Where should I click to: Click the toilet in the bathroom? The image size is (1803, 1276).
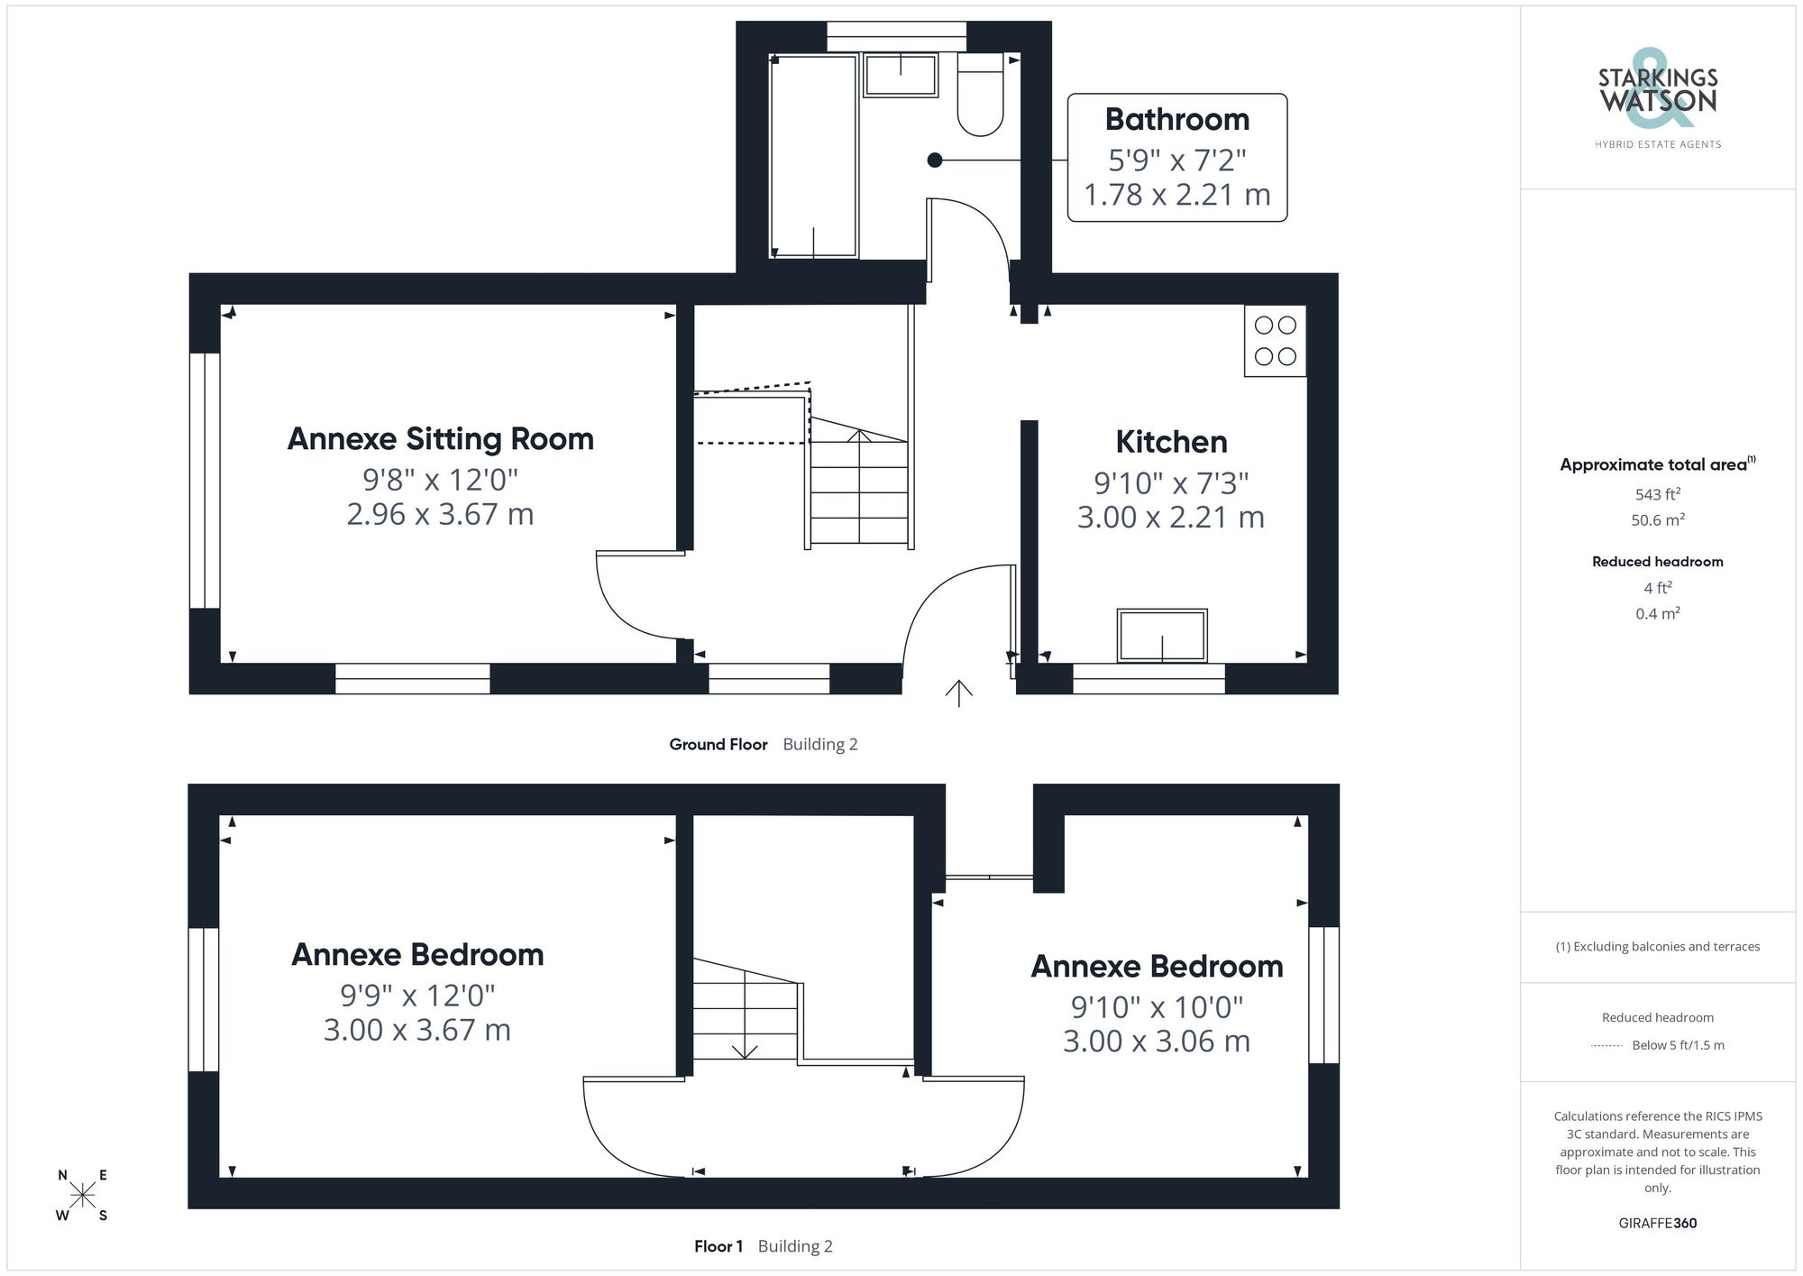[x=980, y=97]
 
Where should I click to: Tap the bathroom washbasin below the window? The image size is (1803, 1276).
[x=900, y=74]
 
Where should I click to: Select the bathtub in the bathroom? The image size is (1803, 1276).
[x=813, y=156]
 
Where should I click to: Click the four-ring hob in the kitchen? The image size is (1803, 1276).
[x=1275, y=341]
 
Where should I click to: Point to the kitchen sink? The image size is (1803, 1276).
[x=1161, y=635]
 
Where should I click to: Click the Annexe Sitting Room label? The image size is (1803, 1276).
[x=440, y=439]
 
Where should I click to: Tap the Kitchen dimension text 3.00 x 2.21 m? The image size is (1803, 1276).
[x=1170, y=518]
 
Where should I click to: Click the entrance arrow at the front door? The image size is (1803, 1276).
[x=958, y=693]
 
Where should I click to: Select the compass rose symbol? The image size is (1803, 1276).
[x=82, y=1196]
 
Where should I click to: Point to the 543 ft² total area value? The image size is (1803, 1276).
[x=1657, y=494]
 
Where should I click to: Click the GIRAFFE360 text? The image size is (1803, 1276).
[x=1657, y=1223]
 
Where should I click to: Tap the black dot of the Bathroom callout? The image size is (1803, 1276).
[x=935, y=161]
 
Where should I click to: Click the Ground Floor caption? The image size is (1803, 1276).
[x=718, y=744]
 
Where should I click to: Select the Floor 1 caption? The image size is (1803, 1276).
[x=718, y=1246]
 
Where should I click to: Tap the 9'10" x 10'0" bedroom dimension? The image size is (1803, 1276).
[x=1157, y=1006]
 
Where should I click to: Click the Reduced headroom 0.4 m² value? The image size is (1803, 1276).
[x=1657, y=613]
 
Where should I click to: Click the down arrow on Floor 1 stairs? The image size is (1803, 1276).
[x=745, y=1051]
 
